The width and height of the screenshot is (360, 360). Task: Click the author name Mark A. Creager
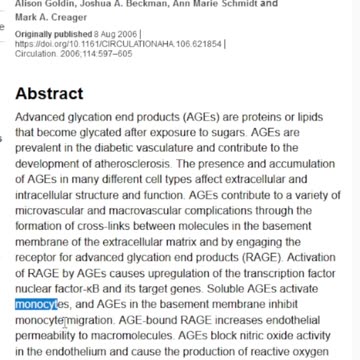click(x=43, y=18)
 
